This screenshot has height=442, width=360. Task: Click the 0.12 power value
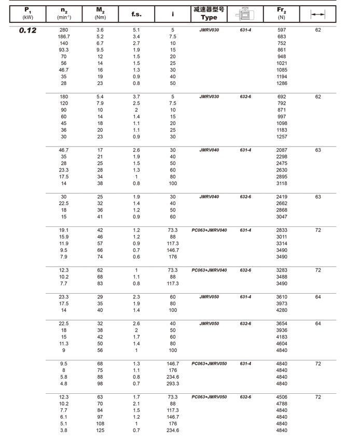click(27, 31)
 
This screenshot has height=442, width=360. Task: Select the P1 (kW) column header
click(27, 13)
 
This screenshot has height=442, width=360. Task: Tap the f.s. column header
click(136, 14)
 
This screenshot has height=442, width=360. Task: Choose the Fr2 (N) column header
click(282, 13)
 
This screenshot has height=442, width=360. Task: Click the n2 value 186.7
click(64, 37)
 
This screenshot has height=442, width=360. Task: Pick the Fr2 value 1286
click(282, 83)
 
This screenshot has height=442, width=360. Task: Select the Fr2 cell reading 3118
click(282, 183)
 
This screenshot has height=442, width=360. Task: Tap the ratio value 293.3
click(173, 384)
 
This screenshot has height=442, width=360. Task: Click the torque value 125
click(100, 431)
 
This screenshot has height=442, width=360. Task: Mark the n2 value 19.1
click(64, 230)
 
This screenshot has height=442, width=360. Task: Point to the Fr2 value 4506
click(282, 397)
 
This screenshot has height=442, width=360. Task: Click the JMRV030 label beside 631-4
click(209, 30)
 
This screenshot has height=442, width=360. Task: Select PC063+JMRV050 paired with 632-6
click(209, 397)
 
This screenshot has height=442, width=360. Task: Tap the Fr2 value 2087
click(282, 150)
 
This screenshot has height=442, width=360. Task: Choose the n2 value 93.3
click(64, 50)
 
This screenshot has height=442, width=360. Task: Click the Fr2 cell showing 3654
click(282, 324)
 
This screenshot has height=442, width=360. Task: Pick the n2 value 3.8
click(64, 431)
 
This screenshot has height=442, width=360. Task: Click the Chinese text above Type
click(209, 9)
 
